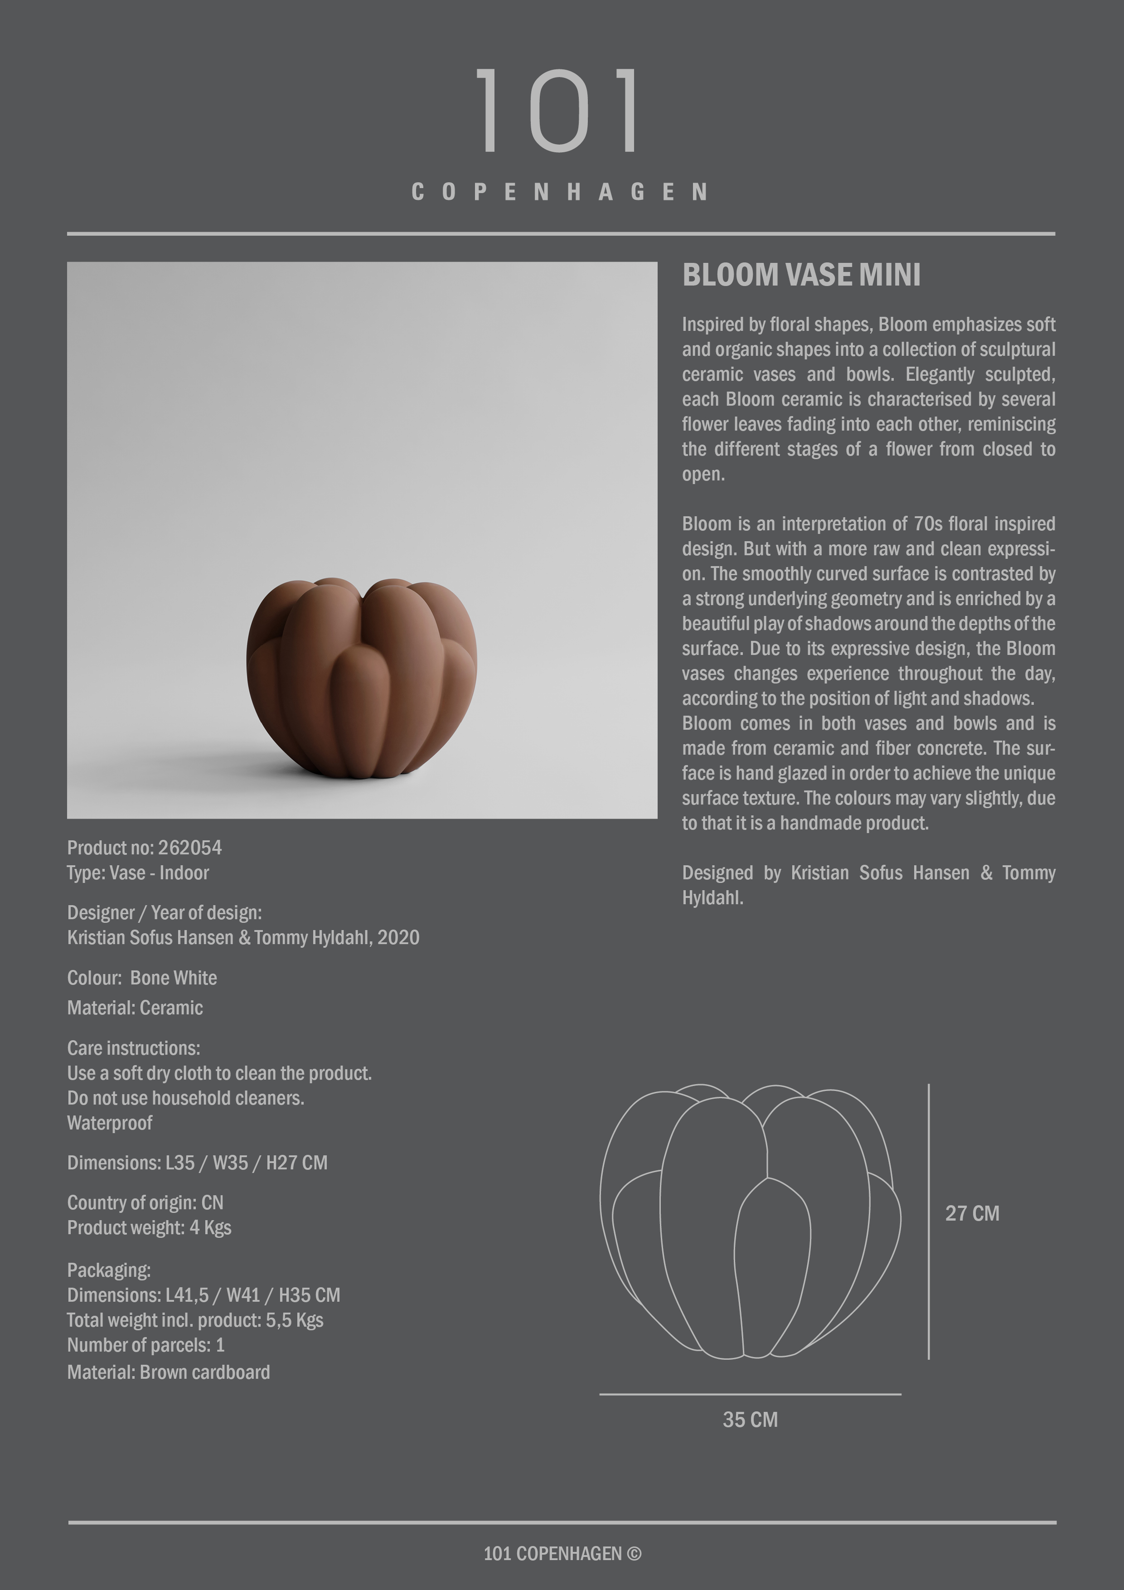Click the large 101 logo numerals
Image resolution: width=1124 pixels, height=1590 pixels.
point(558,111)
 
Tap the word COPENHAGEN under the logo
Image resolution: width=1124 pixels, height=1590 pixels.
point(560,192)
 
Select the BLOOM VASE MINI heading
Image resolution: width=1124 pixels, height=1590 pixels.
point(801,275)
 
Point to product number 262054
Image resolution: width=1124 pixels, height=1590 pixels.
point(190,848)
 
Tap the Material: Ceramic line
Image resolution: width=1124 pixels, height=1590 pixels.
point(135,1008)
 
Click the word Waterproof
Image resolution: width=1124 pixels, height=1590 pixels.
point(109,1123)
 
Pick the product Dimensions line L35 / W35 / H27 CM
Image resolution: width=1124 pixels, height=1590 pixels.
point(197,1163)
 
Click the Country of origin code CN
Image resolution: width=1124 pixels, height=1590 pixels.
point(212,1203)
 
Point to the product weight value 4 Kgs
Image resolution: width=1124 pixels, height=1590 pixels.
point(211,1228)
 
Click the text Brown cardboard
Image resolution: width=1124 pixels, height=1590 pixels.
point(205,1372)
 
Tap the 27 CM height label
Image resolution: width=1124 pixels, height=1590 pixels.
point(972,1213)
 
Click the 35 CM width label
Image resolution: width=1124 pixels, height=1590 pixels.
point(750,1420)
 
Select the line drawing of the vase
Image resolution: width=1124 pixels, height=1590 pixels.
point(750,1222)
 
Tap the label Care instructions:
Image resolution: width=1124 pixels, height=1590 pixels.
point(134,1048)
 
